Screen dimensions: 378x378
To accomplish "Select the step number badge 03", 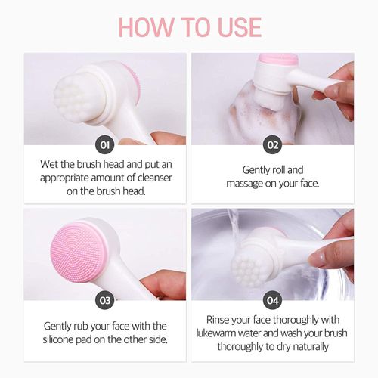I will click(x=105, y=300).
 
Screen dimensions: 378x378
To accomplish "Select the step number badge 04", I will click(x=271, y=300).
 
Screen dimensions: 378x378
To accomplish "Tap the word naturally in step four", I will click(x=312, y=346).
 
